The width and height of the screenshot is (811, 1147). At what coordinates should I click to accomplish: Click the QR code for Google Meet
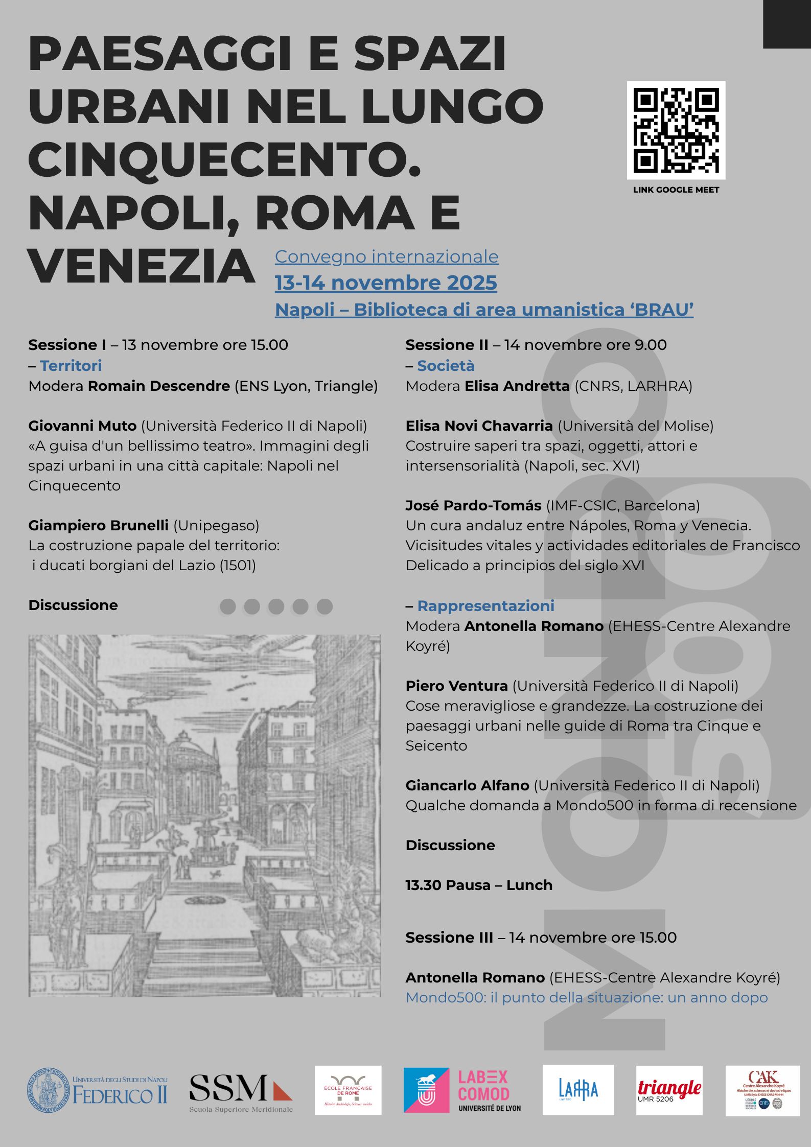pos(676,130)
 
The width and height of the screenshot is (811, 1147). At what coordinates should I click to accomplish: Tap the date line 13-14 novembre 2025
pos(386,283)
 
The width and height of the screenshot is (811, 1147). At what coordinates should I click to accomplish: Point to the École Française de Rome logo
pos(347,1090)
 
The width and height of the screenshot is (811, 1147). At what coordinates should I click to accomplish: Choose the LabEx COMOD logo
pos(463,1090)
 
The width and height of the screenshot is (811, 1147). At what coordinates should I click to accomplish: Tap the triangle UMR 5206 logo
pos(669,1090)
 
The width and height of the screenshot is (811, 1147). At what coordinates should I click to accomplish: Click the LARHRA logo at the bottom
pos(578,1090)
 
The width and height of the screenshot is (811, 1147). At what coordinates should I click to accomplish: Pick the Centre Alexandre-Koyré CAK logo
pos(762,1090)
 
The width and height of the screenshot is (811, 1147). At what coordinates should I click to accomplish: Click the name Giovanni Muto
pos(82,426)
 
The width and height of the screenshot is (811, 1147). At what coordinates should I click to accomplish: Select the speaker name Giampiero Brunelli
pos(98,525)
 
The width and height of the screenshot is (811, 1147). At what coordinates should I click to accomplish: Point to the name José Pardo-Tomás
pos(473,505)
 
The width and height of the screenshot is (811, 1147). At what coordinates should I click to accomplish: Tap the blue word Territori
pos(71,366)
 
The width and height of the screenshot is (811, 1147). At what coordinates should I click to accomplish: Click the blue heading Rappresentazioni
pos(485,606)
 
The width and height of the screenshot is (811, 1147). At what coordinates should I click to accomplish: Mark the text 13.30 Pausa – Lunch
pos(479,885)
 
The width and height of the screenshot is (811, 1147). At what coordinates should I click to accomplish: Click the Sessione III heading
pos(449,938)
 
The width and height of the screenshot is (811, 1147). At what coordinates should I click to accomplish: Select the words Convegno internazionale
pos(386,256)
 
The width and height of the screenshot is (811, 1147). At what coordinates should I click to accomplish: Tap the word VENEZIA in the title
pos(142,266)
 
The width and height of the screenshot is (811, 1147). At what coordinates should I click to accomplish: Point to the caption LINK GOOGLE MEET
pos(676,190)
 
